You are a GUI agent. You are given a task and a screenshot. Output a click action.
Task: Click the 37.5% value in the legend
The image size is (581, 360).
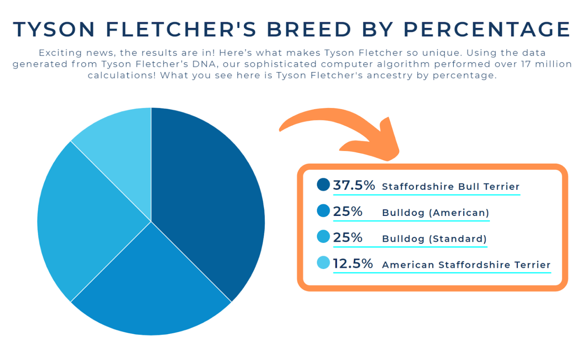coord(354,185)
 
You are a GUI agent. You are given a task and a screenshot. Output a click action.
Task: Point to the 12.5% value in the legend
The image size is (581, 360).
coord(353,264)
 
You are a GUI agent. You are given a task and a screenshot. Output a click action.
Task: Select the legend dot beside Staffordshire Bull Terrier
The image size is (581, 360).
coord(323,185)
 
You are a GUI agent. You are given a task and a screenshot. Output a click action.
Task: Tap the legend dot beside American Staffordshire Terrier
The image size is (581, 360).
coord(323,263)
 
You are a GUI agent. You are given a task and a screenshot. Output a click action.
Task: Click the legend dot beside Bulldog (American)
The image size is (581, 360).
coord(323,211)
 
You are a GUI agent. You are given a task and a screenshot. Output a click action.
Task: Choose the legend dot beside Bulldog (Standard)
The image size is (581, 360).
coord(323,237)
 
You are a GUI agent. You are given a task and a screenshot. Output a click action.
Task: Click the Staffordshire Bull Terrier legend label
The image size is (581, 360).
coord(451,186)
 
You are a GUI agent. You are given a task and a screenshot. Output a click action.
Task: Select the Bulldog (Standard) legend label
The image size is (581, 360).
coord(434,239)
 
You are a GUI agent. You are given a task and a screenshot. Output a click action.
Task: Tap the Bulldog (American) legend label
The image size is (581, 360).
coord(436,213)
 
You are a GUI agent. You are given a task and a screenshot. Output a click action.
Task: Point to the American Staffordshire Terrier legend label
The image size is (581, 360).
coord(466,265)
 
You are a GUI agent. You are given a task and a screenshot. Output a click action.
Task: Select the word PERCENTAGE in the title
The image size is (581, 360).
coord(487,29)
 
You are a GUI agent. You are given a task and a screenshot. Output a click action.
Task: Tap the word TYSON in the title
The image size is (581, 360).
coord(54,29)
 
